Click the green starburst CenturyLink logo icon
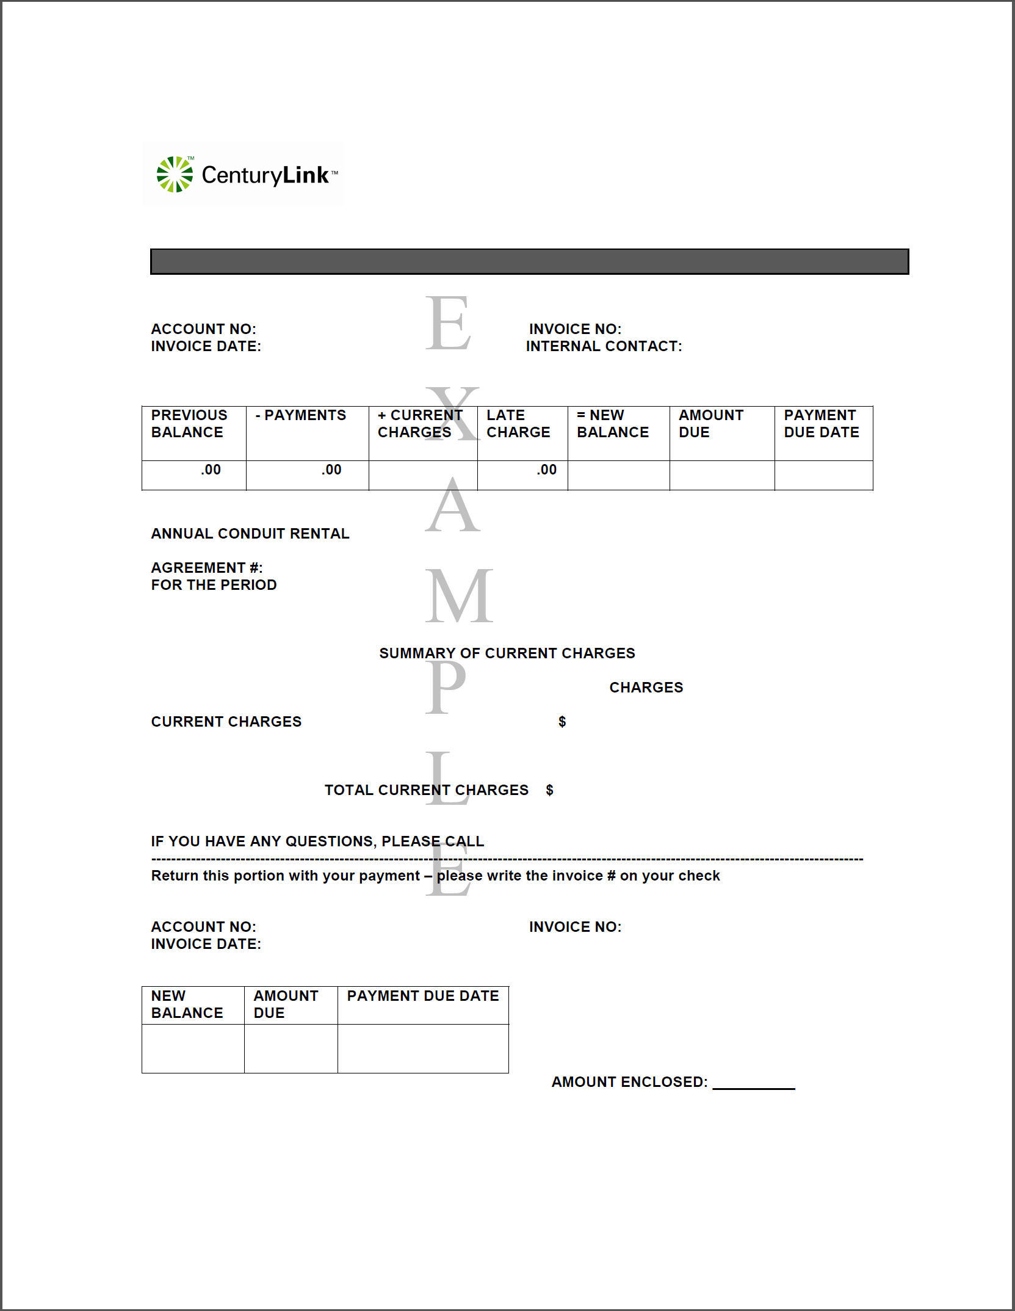tap(175, 175)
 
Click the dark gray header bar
tap(529, 261)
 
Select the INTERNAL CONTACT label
tap(604, 346)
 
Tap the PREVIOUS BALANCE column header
tap(189, 424)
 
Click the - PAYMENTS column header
tap(301, 415)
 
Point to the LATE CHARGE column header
tap(518, 424)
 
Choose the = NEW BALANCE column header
tap(613, 424)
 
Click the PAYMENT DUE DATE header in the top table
tap(822, 424)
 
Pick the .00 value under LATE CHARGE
tap(547, 470)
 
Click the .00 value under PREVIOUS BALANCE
tap(211, 470)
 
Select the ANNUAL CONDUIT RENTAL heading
tap(250, 534)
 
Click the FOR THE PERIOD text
tap(214, 585)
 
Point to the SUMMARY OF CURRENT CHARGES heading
tap(507, 653)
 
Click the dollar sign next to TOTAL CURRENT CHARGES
tap(550, 790)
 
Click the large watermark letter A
tap(453, 506)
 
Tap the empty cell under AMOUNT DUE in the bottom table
tap(291, 1048)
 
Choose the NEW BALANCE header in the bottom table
tap(187, 1004)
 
